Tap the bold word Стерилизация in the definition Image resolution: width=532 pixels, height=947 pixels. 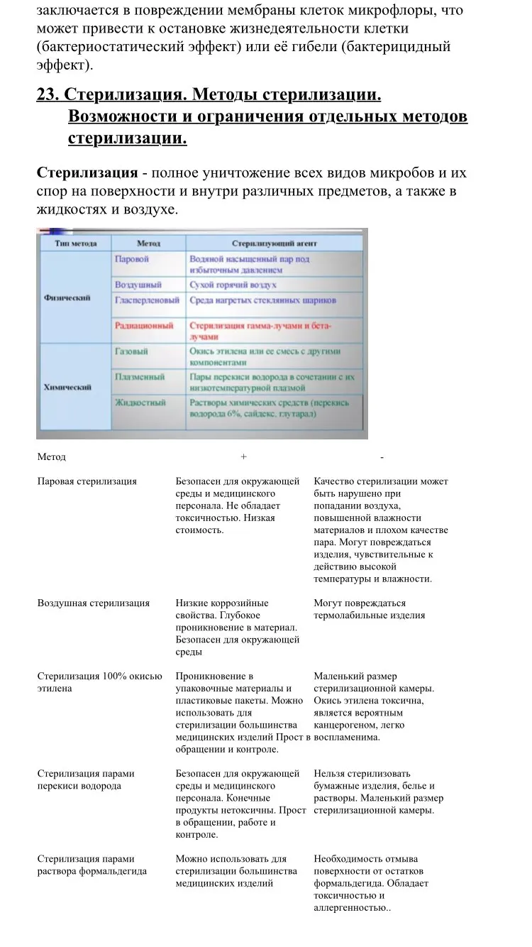(x=87, y=173)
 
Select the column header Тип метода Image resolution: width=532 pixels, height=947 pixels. (x=76, y=243)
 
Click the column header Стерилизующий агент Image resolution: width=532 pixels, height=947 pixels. (x=274, y=243)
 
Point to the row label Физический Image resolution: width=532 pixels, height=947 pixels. (x=67, y=298)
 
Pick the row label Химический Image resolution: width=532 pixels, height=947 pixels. (x=67, y=387)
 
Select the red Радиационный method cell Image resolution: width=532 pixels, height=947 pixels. (x=144, y=326)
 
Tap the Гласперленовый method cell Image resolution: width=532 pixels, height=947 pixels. (x=147, y=300)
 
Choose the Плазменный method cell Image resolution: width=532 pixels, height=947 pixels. (x=140, y=377)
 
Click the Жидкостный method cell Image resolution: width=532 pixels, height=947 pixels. (x=140, y=403)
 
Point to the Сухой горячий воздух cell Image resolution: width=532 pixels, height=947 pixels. (x=233, y=285)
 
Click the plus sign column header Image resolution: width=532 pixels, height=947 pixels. (x=243, y=457)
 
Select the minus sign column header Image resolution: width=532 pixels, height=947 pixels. (x=382, y=457)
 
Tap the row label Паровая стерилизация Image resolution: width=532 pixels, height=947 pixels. (x=87, y=481)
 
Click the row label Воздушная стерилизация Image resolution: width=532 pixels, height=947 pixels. (x=93, y=603)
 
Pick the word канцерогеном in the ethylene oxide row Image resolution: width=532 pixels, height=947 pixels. (x=344, y=726)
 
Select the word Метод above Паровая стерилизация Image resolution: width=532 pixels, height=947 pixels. (x=51, y=457)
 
